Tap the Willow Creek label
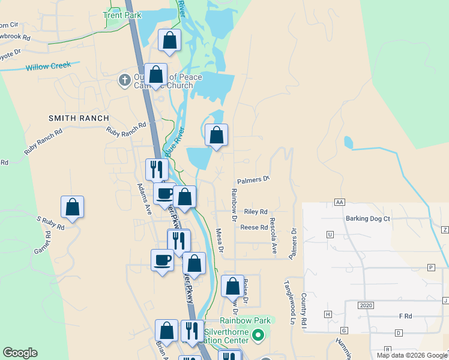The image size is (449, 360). tap(48, 66)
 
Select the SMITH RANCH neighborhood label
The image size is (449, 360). tap(79, 119)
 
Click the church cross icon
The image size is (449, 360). tap(124, 80)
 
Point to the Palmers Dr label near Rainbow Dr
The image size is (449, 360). tap(254, 179)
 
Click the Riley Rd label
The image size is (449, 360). tap(256, 212)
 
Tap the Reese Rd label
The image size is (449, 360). tap(254, 228)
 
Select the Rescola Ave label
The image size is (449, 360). tap(274, 239)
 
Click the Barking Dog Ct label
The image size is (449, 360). tap(368, 219)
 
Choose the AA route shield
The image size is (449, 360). tap(340, 202)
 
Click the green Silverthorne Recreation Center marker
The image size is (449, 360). tap(259, 335)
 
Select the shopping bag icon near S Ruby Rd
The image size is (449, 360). tap(72, 208)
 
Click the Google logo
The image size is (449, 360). tap(20, 353)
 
